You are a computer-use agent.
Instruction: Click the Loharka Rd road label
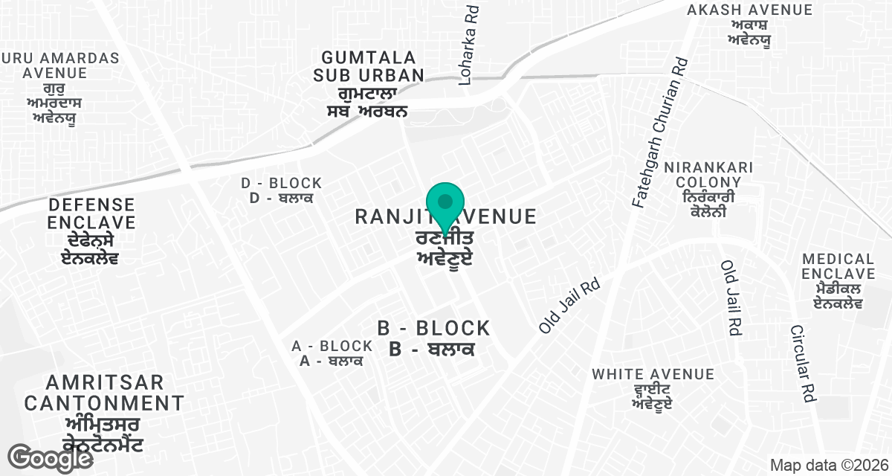coord(468,45)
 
